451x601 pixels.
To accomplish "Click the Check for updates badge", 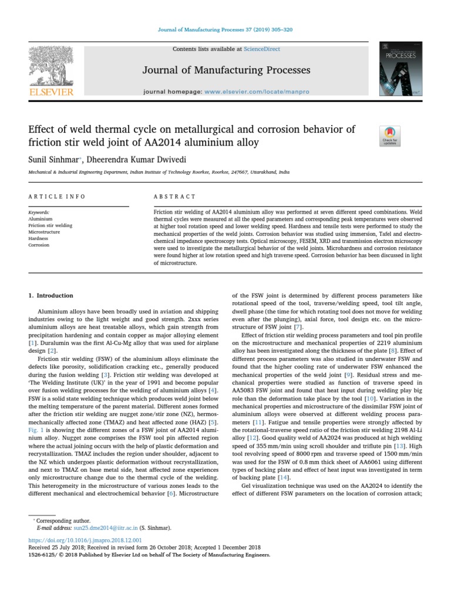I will [390, 136].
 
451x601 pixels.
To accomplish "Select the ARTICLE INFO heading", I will [57, 197].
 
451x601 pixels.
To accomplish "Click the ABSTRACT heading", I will [175, 197].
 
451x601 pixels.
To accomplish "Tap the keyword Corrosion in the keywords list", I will [39, 245].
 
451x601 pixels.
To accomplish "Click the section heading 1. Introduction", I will [51, 295].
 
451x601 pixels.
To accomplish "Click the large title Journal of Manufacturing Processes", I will [226, 70].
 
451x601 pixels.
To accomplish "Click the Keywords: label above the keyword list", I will [39, 212].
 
